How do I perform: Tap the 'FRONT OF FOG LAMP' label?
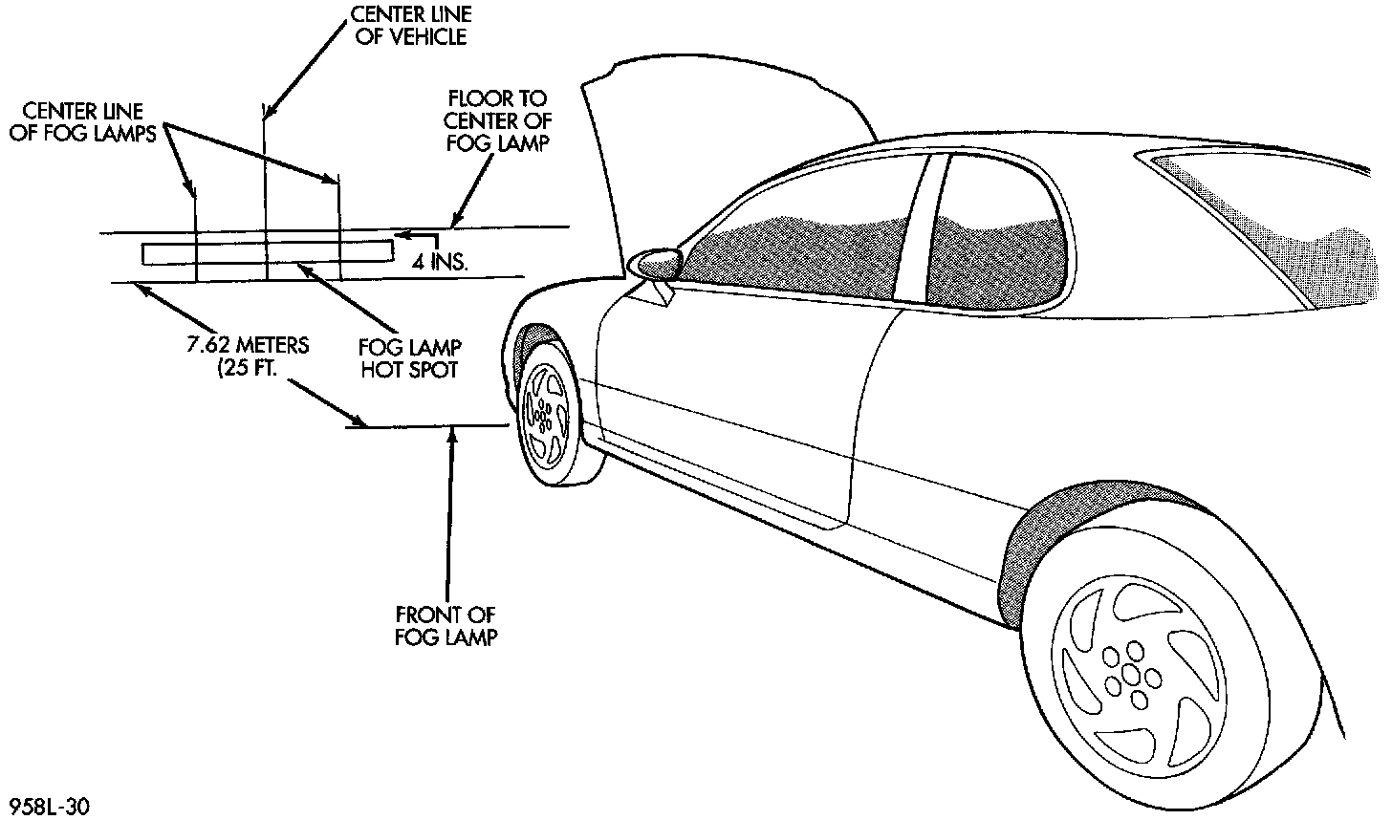point(446,625)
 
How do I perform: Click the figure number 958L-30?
point(47,807)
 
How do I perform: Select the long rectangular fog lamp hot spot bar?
point(267,253)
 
